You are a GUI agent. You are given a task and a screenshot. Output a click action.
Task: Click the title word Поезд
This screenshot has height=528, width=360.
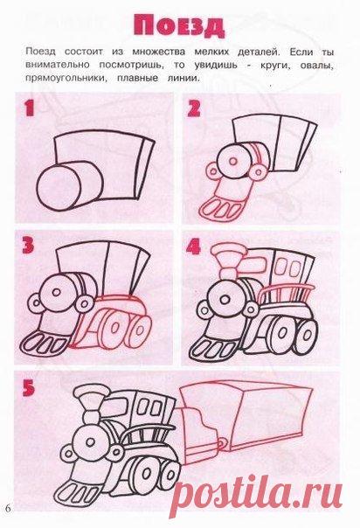pyautogui.click(x=178, y=26)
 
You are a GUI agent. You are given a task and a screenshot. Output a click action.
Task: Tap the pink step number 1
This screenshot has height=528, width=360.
pyautogui.click(x=29, y=108)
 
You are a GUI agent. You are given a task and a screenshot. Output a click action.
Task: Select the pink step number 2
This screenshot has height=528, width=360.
pyautogui.click(x=194, y=108)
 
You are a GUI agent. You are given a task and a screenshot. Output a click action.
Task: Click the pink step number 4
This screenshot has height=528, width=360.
pyautogui.click(x=193, y=246)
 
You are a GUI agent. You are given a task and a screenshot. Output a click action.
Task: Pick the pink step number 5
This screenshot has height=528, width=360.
pyautogui.click(x=29, y=388)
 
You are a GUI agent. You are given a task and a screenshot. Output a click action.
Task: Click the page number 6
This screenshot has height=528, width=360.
pyautogui.click(x=8, y=508)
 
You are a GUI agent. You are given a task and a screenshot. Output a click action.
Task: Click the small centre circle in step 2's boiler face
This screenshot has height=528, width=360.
pyautogui.click(x=232, y=162)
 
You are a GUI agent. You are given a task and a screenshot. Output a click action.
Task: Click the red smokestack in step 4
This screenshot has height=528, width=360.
pyautogui.click(x=228, y=259)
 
